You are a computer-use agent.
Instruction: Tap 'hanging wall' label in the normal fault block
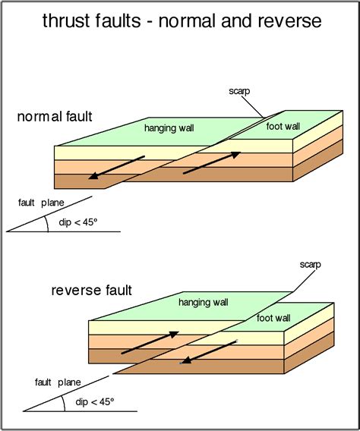pos(168,129)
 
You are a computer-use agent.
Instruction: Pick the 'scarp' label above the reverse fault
pos(310,265)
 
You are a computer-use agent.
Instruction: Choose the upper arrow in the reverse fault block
pos(150,343)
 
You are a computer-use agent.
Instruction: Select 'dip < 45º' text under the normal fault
pos(74,222)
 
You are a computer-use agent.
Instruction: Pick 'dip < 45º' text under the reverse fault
pos(92,401)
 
